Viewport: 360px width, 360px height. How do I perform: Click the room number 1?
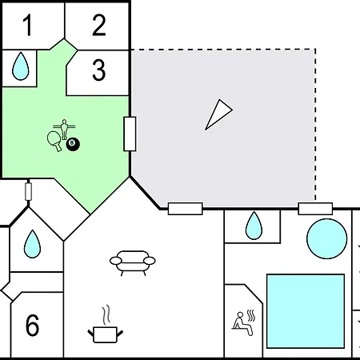(x=28, y=26)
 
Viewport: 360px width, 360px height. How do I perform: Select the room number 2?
(x=99, y=26)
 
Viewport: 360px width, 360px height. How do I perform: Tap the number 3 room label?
(x=99, y=70)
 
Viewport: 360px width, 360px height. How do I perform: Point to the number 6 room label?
(x=32, y=326)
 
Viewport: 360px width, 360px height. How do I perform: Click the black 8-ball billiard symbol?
(x=73, y=144)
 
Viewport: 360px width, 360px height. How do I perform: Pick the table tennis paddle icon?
(x=54, y=141)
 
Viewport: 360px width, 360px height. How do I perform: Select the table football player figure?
(x=64, y=130)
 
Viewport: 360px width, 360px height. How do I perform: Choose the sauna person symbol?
(x=243, y=322)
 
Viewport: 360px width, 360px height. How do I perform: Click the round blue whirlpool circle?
(x=327, y=238)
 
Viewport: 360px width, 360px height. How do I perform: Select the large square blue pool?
(x=306, y=311)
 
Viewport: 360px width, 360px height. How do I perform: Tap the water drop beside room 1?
(x=20, y=66)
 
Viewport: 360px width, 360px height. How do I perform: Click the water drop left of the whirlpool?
(x=254, y=226)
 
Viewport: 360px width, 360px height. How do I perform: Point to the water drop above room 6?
(x=32, y=244)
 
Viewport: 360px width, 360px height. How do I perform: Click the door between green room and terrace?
(x=130, y=134)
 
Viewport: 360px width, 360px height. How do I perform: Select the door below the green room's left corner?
(x=28, y=191)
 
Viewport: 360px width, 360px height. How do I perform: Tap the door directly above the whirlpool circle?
(x=315, y=209)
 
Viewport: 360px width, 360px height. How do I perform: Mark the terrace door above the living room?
(x=185, y=209)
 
